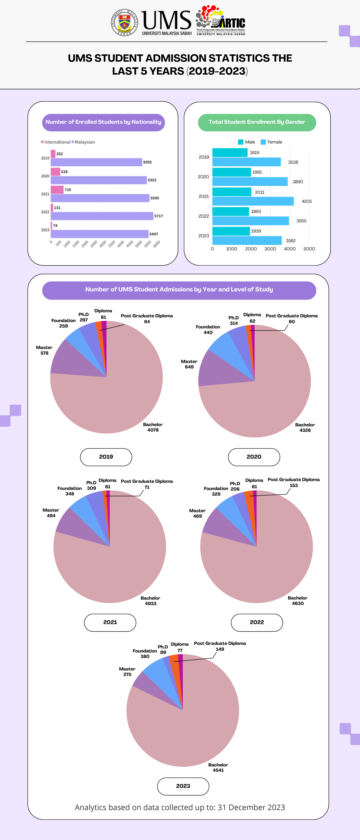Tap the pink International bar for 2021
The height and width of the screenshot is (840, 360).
pos(57,189)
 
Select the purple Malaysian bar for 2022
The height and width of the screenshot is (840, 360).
pos(102,216)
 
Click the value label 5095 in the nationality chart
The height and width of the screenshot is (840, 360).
pos(147,162)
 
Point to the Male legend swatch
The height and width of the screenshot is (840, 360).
pos(241,142)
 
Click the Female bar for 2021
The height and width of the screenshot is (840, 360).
pos(253,201)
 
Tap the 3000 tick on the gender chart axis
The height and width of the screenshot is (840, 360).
pos(270,249)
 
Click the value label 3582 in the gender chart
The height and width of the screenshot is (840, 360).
pos(291,241)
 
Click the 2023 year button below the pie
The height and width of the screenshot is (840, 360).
pos(183,786)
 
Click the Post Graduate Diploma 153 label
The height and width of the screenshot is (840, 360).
pos(293,482)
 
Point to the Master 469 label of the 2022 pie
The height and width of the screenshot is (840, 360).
pos(197,513)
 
